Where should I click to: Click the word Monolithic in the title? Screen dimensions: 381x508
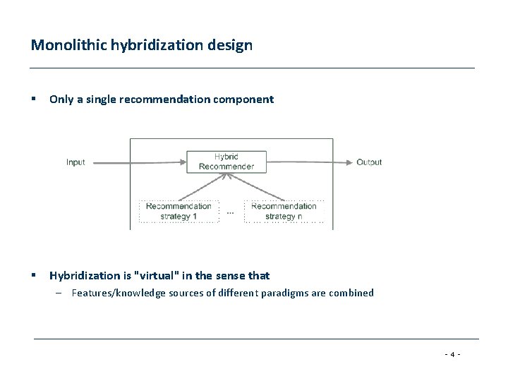(62, 45)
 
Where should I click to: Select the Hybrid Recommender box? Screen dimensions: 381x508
(226, 162)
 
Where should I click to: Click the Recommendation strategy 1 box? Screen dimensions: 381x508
(179, 211)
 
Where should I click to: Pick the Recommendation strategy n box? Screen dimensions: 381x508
(284, 211)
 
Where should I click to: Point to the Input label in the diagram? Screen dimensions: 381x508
(75, 162)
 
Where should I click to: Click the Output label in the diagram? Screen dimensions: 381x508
(369, 162)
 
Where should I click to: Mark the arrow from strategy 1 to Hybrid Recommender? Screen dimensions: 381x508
(201, 187)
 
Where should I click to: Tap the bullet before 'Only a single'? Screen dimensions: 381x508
(34, 99)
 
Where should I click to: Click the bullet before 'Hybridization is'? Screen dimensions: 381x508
(34, 276)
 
